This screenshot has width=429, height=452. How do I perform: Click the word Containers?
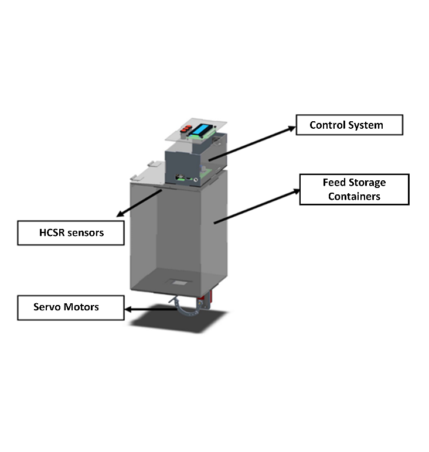354,197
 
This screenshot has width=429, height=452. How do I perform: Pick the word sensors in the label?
84,233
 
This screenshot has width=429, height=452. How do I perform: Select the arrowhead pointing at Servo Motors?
131,309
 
